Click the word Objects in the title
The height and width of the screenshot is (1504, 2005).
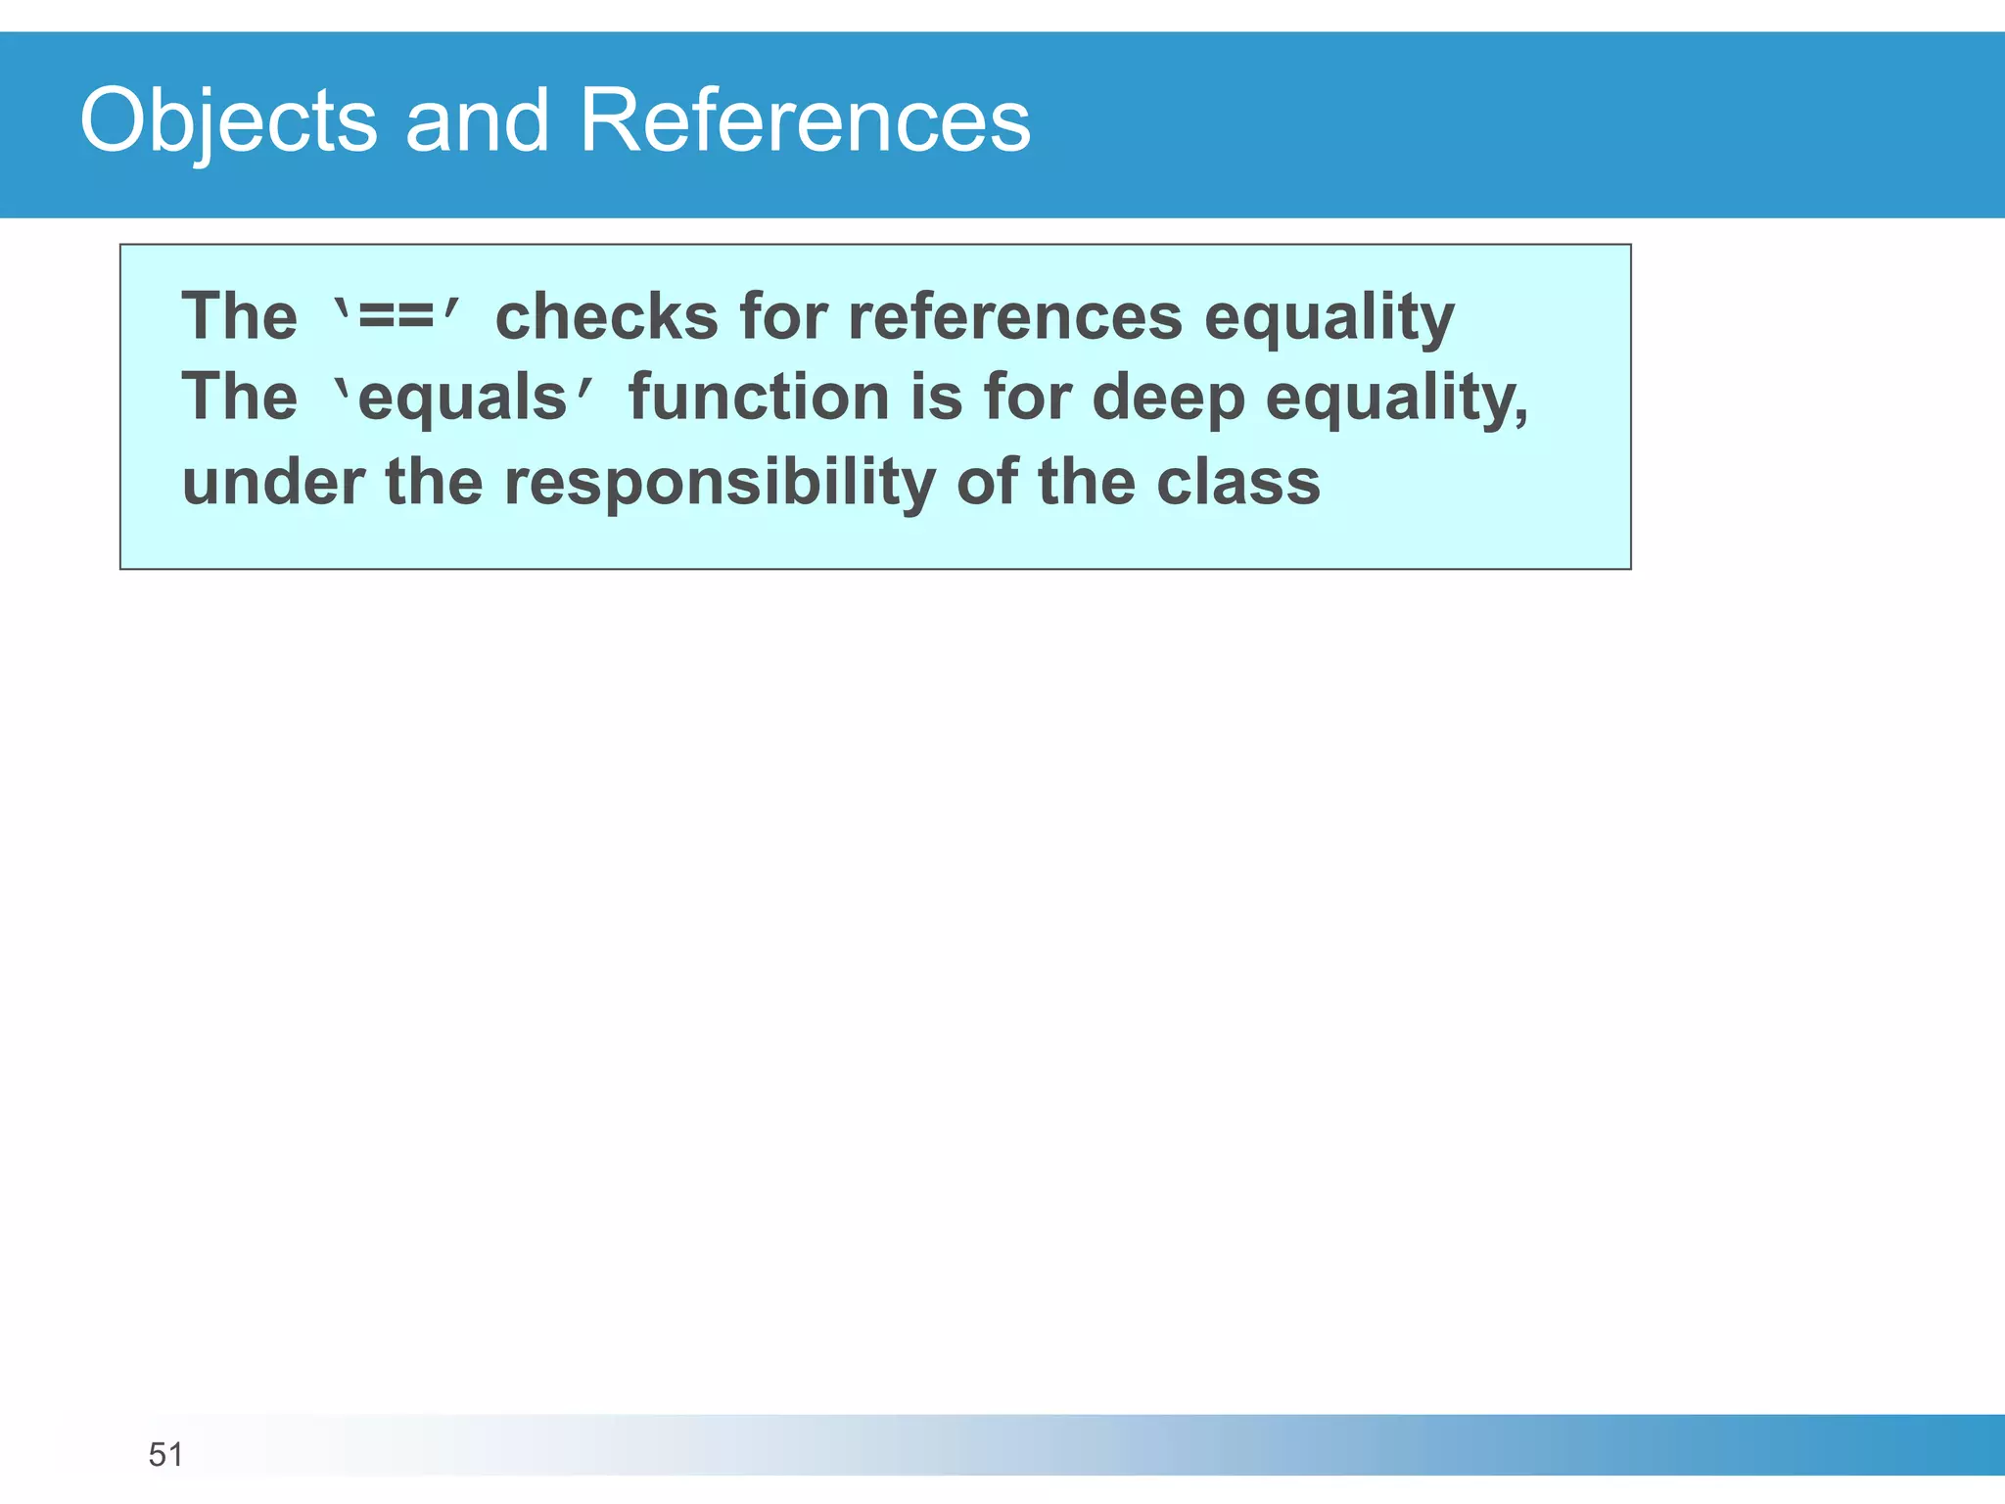tap(228, 121)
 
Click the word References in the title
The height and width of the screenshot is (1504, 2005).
tap(805, 121)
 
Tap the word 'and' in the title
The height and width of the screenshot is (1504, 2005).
tap(477, 121)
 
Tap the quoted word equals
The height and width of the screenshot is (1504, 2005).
tap(463, 399)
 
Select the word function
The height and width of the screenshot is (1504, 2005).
tap(759, 399)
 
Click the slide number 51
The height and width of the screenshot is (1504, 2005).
tap(165, 1455)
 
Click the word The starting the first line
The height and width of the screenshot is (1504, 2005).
tap(240, 318)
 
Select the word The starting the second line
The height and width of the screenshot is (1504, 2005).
tap(240, 399)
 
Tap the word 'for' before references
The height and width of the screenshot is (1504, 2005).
tap(783, 318)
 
